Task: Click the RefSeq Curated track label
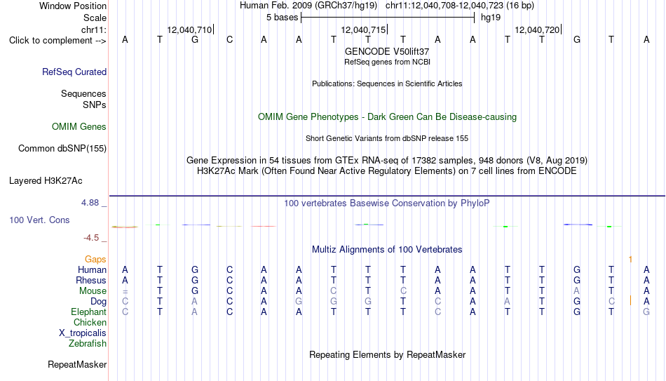click(74, 72)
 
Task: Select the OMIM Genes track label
click(79, 127)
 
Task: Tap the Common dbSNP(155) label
click(62, 149)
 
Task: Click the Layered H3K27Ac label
click(46, 181)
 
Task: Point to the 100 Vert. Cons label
click(39, 220)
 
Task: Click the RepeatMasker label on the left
click(77, 364)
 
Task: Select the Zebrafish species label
click(88, 344)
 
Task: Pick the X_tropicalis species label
click(83, 333)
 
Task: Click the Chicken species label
click(90, 322)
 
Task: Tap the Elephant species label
click(88, 312)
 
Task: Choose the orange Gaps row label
click(95, 260)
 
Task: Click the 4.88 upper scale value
click(90, 203)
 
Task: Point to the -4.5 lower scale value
click(91, 238)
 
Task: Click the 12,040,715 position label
click(363, 29)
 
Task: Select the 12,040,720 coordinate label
click(537, 29)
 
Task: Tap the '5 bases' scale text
click(282, 18)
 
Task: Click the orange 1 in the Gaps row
click(630, 260)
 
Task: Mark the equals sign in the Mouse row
click(125, 292)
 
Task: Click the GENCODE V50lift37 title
click(387, 51)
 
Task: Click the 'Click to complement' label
click(57, 41)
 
